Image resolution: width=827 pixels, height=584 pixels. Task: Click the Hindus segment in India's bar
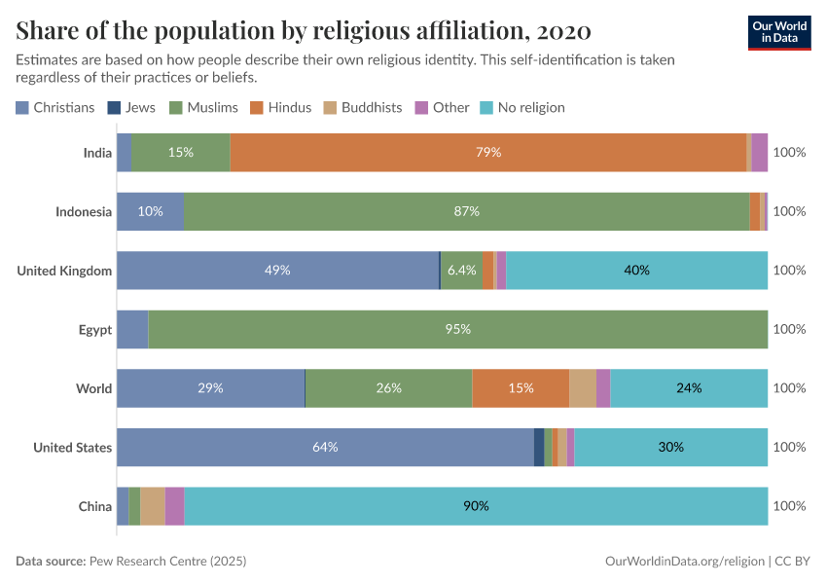click(x=487, y=153)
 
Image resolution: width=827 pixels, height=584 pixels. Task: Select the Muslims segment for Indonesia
click(x=467, y=211)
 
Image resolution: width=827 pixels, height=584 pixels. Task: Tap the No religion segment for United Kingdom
click(x=636, y=271)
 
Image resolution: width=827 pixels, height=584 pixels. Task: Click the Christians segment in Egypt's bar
click(x=132, y=329)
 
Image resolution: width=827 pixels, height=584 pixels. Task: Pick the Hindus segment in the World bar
click(x=521, y=388)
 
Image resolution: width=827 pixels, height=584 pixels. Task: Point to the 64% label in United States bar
click(x=325, y=448)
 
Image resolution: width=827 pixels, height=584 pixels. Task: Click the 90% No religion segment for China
click(x=476, y=506)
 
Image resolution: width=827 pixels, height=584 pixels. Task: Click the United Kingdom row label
click(x=64, y=271)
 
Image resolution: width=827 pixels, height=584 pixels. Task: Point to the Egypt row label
click(x=95, y=329)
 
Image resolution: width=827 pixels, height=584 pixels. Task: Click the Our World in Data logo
click(x=780, y=32)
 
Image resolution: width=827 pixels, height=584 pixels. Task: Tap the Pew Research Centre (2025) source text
click(x=167, y=562)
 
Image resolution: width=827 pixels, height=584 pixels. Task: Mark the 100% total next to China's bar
click(x=789, y=506)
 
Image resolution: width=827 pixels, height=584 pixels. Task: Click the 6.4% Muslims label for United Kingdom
click(x=461, y=271)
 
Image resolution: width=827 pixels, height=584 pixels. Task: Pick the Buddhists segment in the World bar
click(x=583, y=388)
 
